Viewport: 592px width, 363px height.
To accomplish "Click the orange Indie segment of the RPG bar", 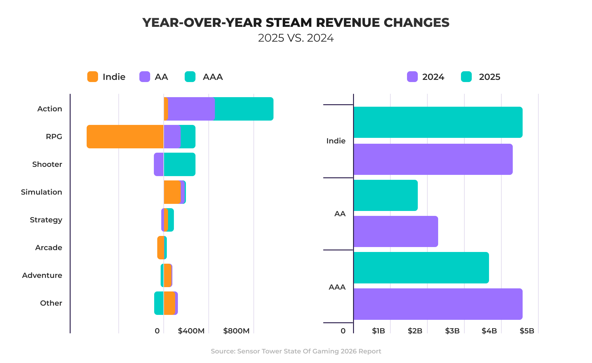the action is coord(125,137).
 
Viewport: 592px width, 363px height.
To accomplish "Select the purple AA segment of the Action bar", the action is coord(191,109).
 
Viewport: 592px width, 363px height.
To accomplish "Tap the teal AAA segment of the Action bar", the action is coord(244,109).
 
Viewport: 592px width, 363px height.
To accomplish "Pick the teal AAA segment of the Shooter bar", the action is coord(179,164).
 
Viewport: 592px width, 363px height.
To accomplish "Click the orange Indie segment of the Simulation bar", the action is coord(172,192).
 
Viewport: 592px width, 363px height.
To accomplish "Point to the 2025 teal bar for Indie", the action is coord(438,122).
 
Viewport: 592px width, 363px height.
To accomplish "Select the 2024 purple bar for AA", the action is coord(396,231).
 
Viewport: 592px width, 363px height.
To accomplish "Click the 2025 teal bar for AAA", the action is coord(421,268).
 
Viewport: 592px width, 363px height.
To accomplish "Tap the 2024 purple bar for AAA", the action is coord(438,304).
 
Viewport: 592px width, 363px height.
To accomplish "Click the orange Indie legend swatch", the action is coord(92,77).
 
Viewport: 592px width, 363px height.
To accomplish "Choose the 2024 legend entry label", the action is coord(433,77).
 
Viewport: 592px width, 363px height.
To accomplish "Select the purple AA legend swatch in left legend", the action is coord(145,77).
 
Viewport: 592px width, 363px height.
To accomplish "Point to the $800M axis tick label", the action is coord(236,331).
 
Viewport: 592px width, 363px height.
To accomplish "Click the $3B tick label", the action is coord(452,331).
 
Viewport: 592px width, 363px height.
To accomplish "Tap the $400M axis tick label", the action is coord(191,331).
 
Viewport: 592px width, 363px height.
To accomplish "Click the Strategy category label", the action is coord(46,220).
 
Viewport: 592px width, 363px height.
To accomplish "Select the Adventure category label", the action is coord(42,275).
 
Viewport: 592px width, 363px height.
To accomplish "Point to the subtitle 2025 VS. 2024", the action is coord(296,38).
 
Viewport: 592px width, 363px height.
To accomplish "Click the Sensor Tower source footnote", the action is coord(296,351).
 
